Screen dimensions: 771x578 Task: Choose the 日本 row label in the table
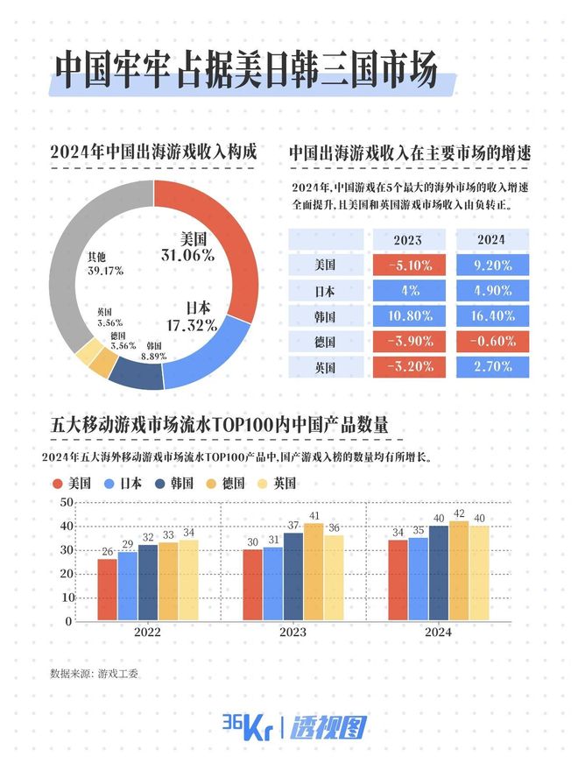324,290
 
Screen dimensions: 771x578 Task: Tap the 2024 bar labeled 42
458,570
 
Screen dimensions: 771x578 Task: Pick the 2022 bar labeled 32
147,583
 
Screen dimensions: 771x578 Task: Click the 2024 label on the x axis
438,633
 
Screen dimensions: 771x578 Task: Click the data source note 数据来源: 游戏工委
95,674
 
